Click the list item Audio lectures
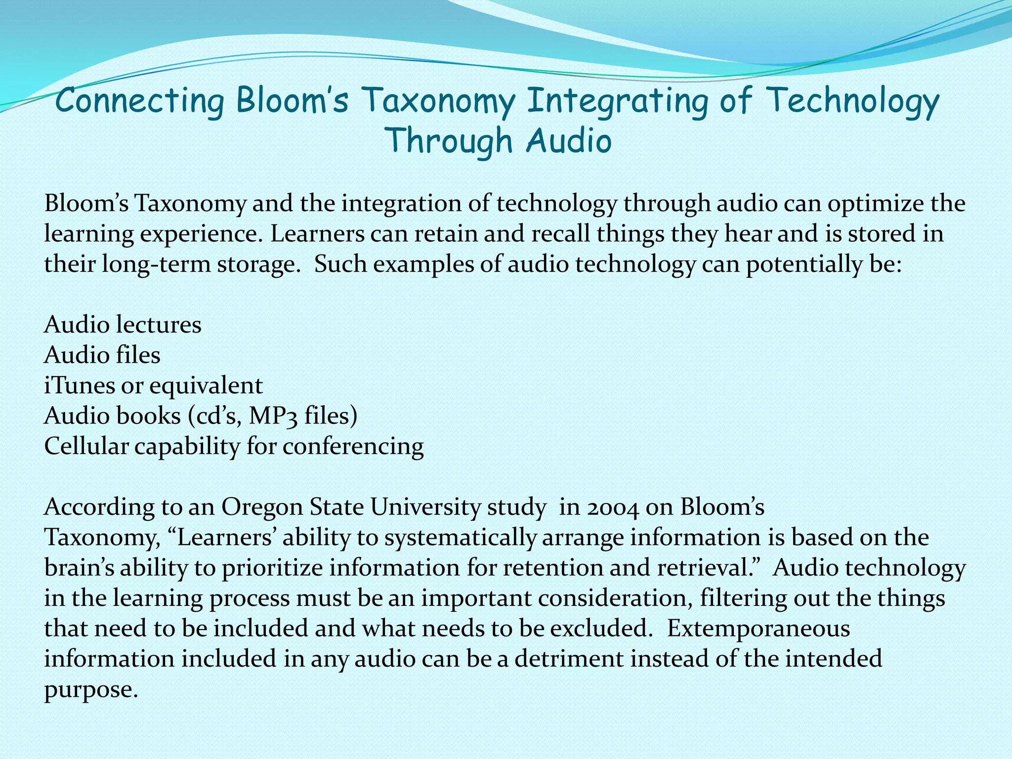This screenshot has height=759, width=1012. (x=123, y=325)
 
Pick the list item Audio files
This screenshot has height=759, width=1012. (x=102, y=355)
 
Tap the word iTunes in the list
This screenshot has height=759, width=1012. (x=79, y=385)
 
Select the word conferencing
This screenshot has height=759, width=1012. (x=353, y=446)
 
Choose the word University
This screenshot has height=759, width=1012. (x=425, y=507)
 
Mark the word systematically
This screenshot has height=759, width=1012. (x=460, y=538)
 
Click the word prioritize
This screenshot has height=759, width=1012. (x=272, y=568)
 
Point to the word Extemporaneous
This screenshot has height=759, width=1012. (x=759, y=629)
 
